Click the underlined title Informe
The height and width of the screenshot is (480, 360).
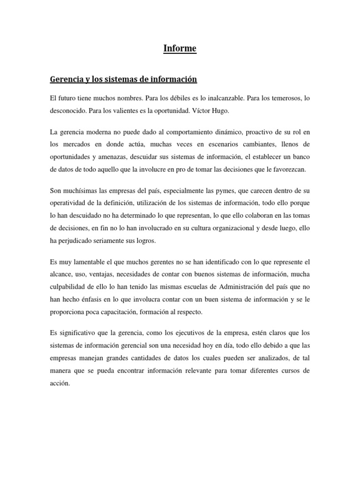click(180, 48)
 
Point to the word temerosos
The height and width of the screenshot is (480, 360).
click(279, 99)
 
